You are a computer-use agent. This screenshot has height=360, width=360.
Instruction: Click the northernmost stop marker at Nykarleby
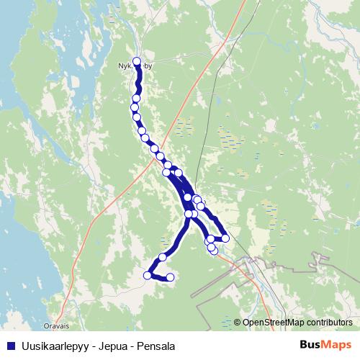pyautogui.click(x=137, y=61)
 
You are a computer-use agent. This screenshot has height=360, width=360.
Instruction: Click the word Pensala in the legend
pyautogui.click(x=155, y=346)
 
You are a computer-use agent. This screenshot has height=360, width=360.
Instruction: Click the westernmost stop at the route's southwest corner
pyautogui.click(x=148, y=275)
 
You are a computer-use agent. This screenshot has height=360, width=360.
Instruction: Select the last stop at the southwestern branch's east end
pyautogui.click(x=171, y=277)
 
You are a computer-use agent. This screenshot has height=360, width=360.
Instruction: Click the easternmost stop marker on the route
pyautogui.click(x=225, y=238)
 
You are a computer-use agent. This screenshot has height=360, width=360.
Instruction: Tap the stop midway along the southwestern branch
pyautogui.click(x=163, y=256)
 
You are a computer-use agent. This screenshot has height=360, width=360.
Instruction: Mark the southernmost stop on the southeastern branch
pyautogui.click(x=212, y=249)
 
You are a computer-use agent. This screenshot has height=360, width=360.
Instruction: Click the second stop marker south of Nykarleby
pyautogui.click(x=137, y=98)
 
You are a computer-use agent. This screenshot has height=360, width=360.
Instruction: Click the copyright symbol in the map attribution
pyautogui.click(x=237, y=323)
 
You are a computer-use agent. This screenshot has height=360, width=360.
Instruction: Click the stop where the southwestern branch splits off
pyautogui.click(x=189, y=214)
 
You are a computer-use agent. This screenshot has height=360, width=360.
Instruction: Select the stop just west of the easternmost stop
pyautogui.click(x=210, y=238)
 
